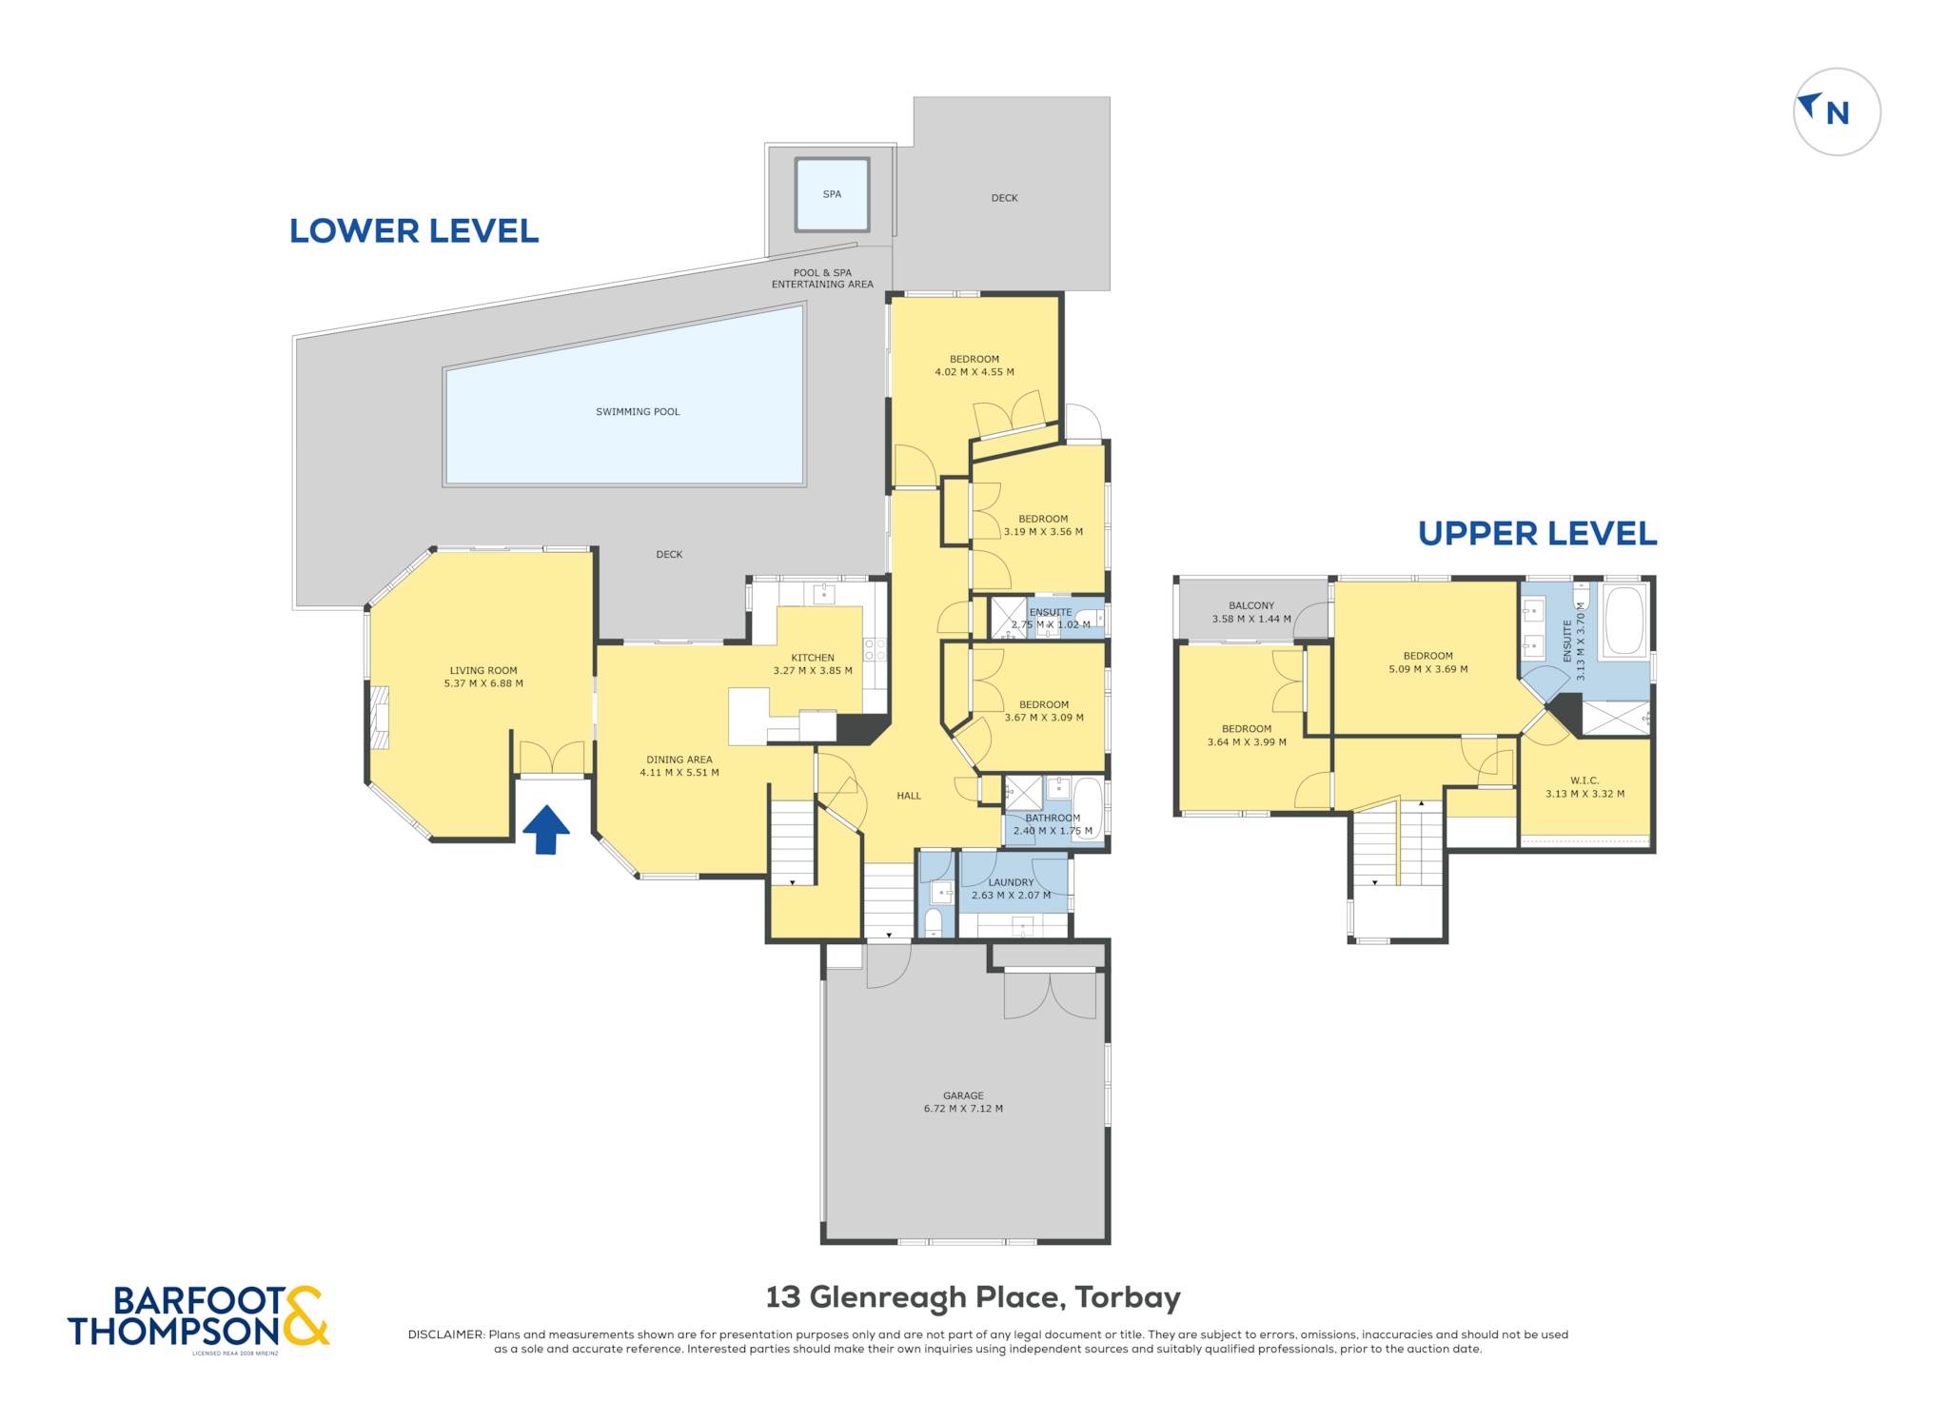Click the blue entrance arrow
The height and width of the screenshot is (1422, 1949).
pos(545,829)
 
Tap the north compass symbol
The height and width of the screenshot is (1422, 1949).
pos(1836,111)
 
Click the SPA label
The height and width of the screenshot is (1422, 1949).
pos(832,194)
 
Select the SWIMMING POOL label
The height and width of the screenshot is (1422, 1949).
pos(638,412)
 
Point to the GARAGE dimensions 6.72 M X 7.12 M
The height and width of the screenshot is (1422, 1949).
pos(963,1108)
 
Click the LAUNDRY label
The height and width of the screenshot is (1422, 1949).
pos(1011,882)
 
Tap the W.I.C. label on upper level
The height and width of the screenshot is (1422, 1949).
pos(1585,780)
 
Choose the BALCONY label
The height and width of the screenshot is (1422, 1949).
pos(1250,605)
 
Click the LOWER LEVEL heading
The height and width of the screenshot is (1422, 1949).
pos(414,231)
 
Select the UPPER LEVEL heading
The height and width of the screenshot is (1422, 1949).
pos(1537,534)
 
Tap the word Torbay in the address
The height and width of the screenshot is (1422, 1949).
pos(1128,1297)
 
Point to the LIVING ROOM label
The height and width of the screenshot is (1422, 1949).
pos(483,670)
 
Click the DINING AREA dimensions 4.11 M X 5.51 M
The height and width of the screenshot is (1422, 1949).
pos(679,773)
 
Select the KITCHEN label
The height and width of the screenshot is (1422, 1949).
pos(813,658)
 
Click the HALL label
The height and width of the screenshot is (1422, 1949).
pos(909,796)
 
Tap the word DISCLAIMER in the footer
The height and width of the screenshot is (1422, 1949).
pos(446,1334)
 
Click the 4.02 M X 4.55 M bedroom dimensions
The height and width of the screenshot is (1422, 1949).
pos(974,372)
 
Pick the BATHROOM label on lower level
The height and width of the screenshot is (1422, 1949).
pos(1053,819)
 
